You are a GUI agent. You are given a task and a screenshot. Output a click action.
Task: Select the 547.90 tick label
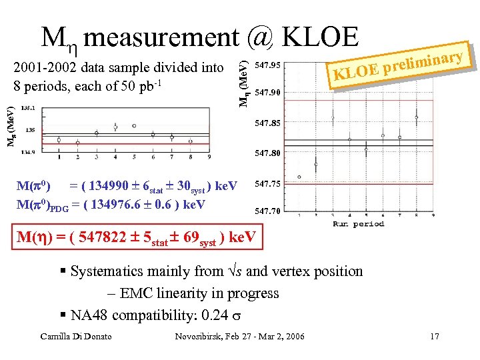pos(268,93)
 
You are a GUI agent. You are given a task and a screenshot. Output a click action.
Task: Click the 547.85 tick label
pos(268,123)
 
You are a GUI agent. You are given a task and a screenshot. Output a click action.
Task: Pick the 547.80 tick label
pos(268,153)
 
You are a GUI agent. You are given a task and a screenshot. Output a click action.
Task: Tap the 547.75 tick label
pos(268,183)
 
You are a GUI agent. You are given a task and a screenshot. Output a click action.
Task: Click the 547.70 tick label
pos(268,211)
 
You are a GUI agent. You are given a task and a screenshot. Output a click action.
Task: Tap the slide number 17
pos(434,337)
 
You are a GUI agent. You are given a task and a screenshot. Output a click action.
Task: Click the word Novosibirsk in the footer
pos(196,337)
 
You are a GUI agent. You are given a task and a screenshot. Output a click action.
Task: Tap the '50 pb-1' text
pos(141,86)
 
